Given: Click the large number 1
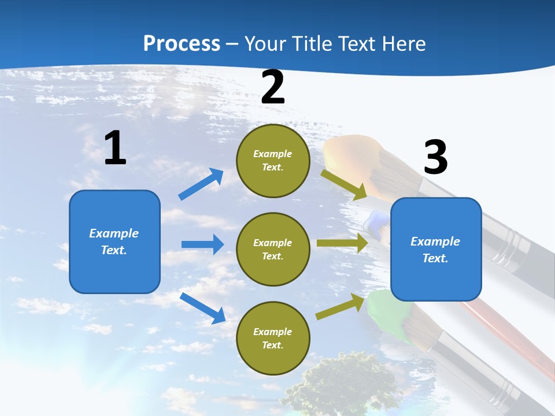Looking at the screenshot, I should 115,148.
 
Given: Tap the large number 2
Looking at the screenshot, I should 273,88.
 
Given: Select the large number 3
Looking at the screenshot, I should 435,158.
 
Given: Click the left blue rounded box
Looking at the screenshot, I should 114,242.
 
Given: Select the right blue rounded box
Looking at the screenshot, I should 436,249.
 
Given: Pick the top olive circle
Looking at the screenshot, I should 273,161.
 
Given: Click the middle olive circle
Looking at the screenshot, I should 273,249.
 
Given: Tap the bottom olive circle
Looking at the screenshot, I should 273,338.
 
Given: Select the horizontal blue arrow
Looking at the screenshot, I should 202,244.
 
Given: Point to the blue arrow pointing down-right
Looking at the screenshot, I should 203,308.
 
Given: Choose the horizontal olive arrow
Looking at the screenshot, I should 342,243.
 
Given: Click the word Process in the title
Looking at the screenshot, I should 182,43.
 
